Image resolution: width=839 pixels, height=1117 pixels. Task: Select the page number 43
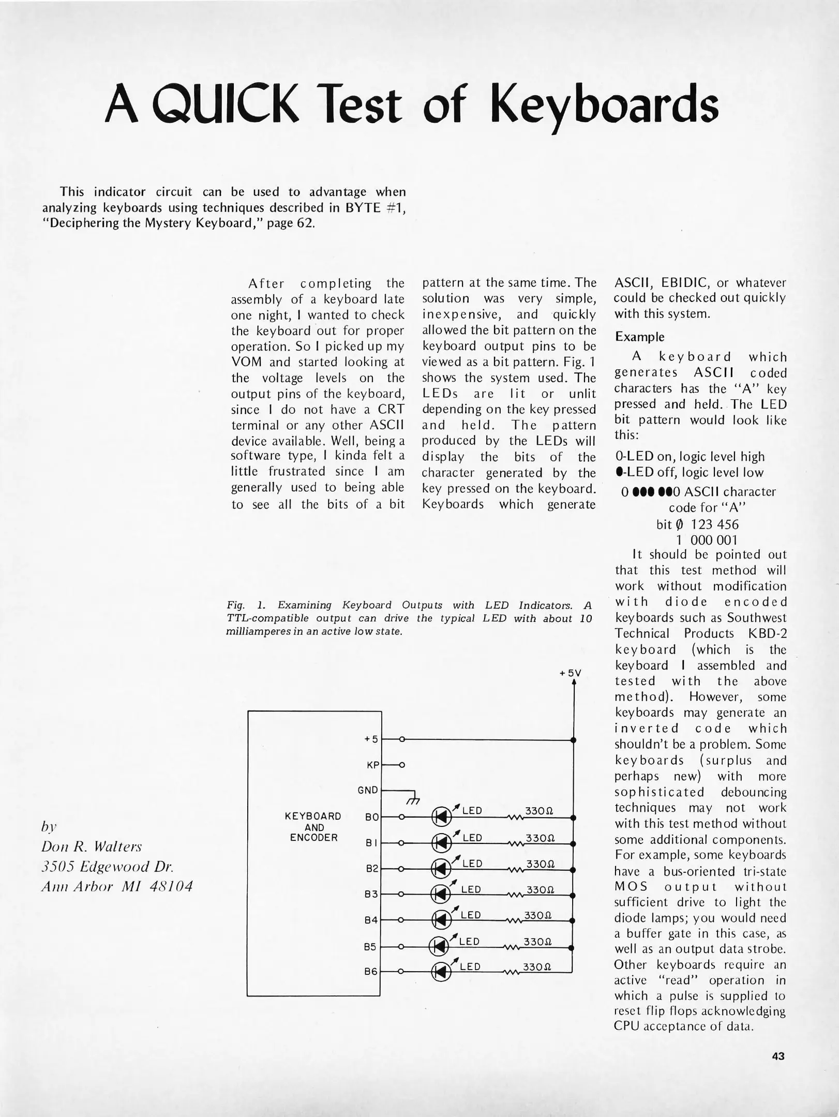778,1056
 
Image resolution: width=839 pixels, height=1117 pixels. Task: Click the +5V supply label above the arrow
571,673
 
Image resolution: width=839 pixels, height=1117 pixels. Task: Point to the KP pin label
373,765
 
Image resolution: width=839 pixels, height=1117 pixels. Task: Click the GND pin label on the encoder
368,790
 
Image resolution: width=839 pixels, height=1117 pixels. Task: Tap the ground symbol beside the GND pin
412,801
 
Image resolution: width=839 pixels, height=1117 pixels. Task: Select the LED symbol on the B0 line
441,817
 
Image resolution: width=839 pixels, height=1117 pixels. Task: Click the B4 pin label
371,920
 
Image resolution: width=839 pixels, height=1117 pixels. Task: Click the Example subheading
639,337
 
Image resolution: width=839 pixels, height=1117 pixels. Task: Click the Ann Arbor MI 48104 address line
117,886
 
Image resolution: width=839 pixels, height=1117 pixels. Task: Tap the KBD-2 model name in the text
767,633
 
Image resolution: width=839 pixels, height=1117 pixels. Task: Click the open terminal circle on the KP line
402,765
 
